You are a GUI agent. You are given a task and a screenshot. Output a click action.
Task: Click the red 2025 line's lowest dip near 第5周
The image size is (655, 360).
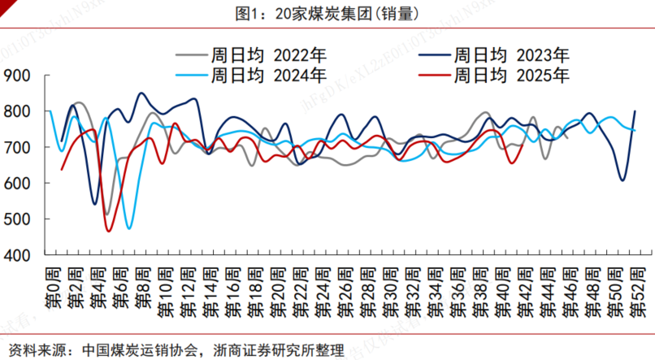point(108,232)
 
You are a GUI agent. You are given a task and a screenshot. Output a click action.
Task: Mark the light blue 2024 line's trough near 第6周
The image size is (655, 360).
point(129,228)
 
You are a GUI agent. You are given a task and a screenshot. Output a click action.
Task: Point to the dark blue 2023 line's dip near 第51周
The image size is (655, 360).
point(622,180)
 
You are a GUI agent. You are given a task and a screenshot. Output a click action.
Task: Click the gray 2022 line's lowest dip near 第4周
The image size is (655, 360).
point(107,214)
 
